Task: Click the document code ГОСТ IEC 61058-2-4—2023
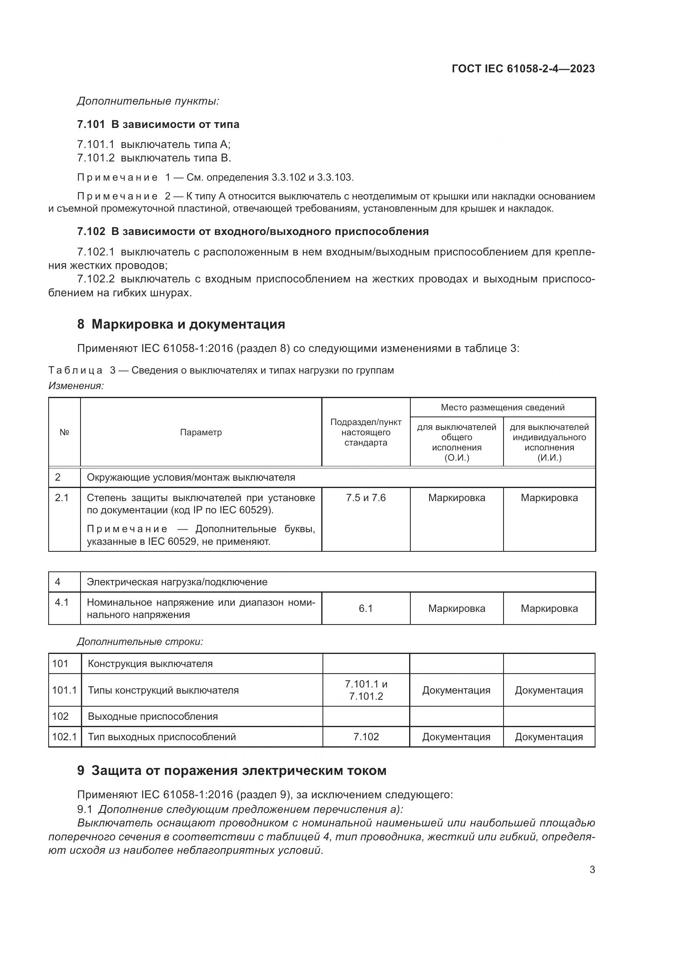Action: coord(523,69)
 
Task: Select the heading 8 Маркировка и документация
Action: coord(181,325)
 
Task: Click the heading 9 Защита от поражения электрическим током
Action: coord(231,771)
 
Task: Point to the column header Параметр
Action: coord(201,432)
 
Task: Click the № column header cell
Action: coord(64,432)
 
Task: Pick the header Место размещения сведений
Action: coord(502,407)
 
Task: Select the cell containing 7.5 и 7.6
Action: coord(365,498)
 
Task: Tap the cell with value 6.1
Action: coord(365,608)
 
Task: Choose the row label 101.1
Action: coord(65,690)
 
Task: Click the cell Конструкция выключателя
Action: coord(150,664)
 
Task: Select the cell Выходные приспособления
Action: coord(153,716)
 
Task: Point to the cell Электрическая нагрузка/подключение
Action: coord(177,582)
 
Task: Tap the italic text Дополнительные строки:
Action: coord(140,642)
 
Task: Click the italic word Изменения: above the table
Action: coord(76,386)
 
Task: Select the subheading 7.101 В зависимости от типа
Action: coord(158,125)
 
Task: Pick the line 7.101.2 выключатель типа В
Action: coord(154,158)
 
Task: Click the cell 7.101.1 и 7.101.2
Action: coord(366,690)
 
